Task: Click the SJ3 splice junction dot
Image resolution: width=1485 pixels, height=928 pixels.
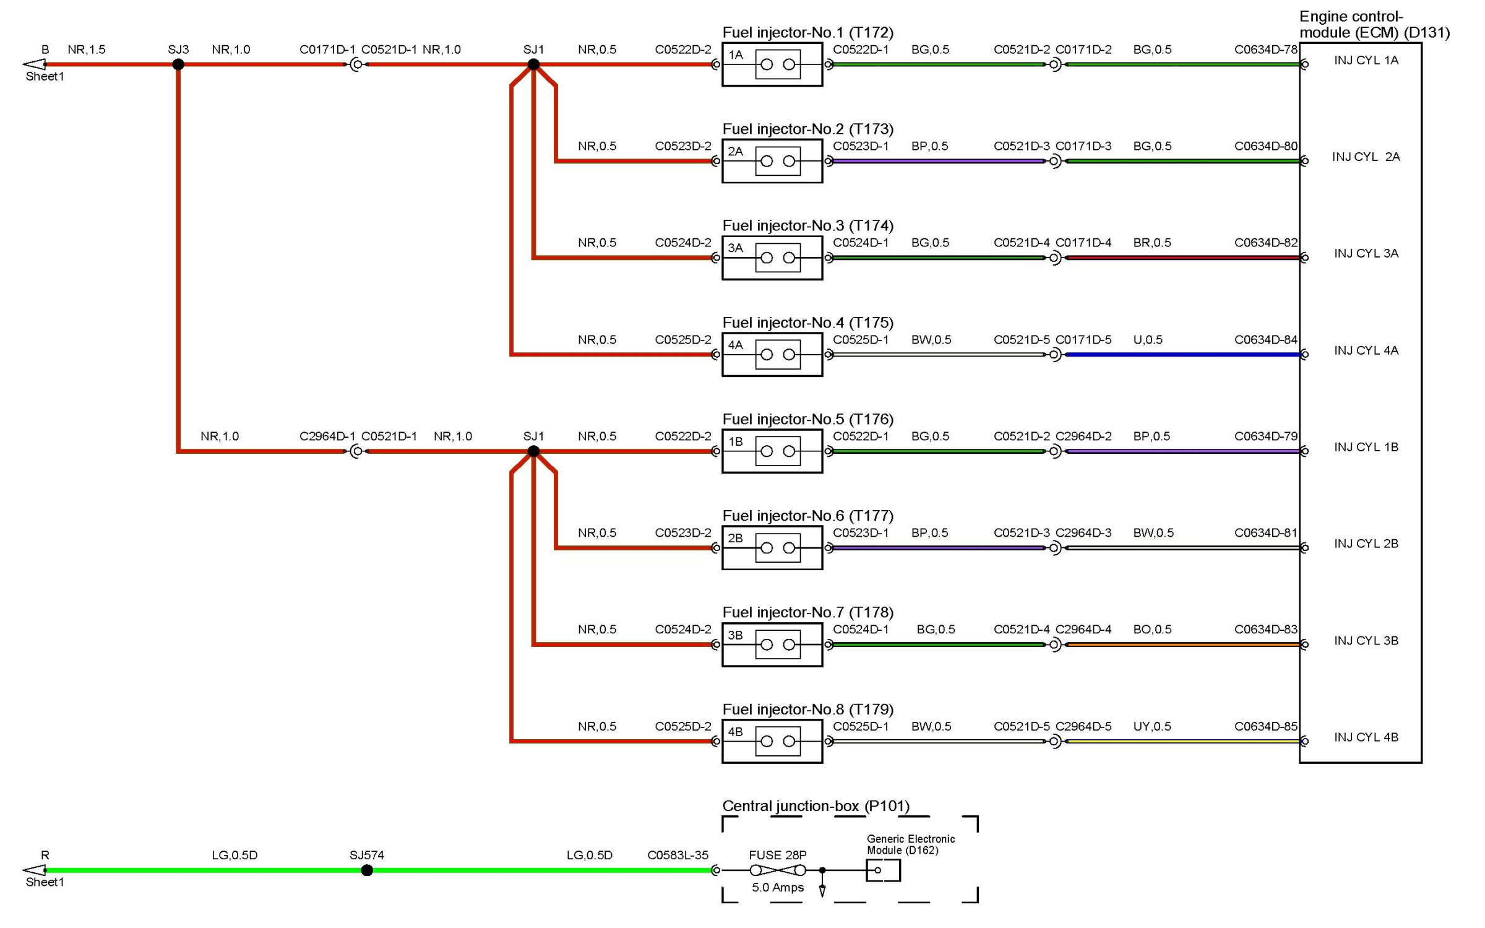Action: (x=178, y=64)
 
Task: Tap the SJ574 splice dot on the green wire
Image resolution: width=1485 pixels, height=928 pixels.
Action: (x=367, y=870)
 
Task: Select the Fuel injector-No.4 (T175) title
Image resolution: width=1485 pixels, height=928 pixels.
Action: (x=807, y=323)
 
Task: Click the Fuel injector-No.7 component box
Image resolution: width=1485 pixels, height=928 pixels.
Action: (x=772, y=644)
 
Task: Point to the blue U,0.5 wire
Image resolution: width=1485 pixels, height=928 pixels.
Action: (x=1182, y=355)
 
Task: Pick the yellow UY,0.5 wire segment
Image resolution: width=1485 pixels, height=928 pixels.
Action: (x=1182, y=741)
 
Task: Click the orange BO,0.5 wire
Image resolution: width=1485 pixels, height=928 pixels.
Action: (x=1182, y=644)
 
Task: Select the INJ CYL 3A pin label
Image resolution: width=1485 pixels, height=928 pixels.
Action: (x=1366, y=253)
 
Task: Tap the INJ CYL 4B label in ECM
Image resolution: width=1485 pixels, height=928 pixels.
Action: (x=1366, y=737)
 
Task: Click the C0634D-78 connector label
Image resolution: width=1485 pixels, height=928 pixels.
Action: (x=1265, y=50)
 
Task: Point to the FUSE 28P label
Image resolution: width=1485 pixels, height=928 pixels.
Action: (x=777, y=855)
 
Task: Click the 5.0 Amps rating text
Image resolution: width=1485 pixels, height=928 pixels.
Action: (x=777, y=887)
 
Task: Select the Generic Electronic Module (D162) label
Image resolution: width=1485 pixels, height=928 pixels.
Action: (x=910, y=844)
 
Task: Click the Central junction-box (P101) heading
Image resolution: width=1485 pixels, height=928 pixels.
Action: (x=816, y=805)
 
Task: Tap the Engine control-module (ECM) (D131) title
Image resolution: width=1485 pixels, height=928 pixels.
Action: (x=1374, y=25)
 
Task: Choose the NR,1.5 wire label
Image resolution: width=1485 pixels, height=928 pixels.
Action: (x=87, y=50)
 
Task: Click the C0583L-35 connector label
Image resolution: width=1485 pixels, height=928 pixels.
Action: (x=678, y=855)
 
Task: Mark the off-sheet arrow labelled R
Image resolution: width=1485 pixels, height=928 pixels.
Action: (x=35, y=870)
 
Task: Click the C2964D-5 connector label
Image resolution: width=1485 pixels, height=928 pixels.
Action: (x=1083, y=726)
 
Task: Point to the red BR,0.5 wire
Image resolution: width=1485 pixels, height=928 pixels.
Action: (x=1182, y=258)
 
